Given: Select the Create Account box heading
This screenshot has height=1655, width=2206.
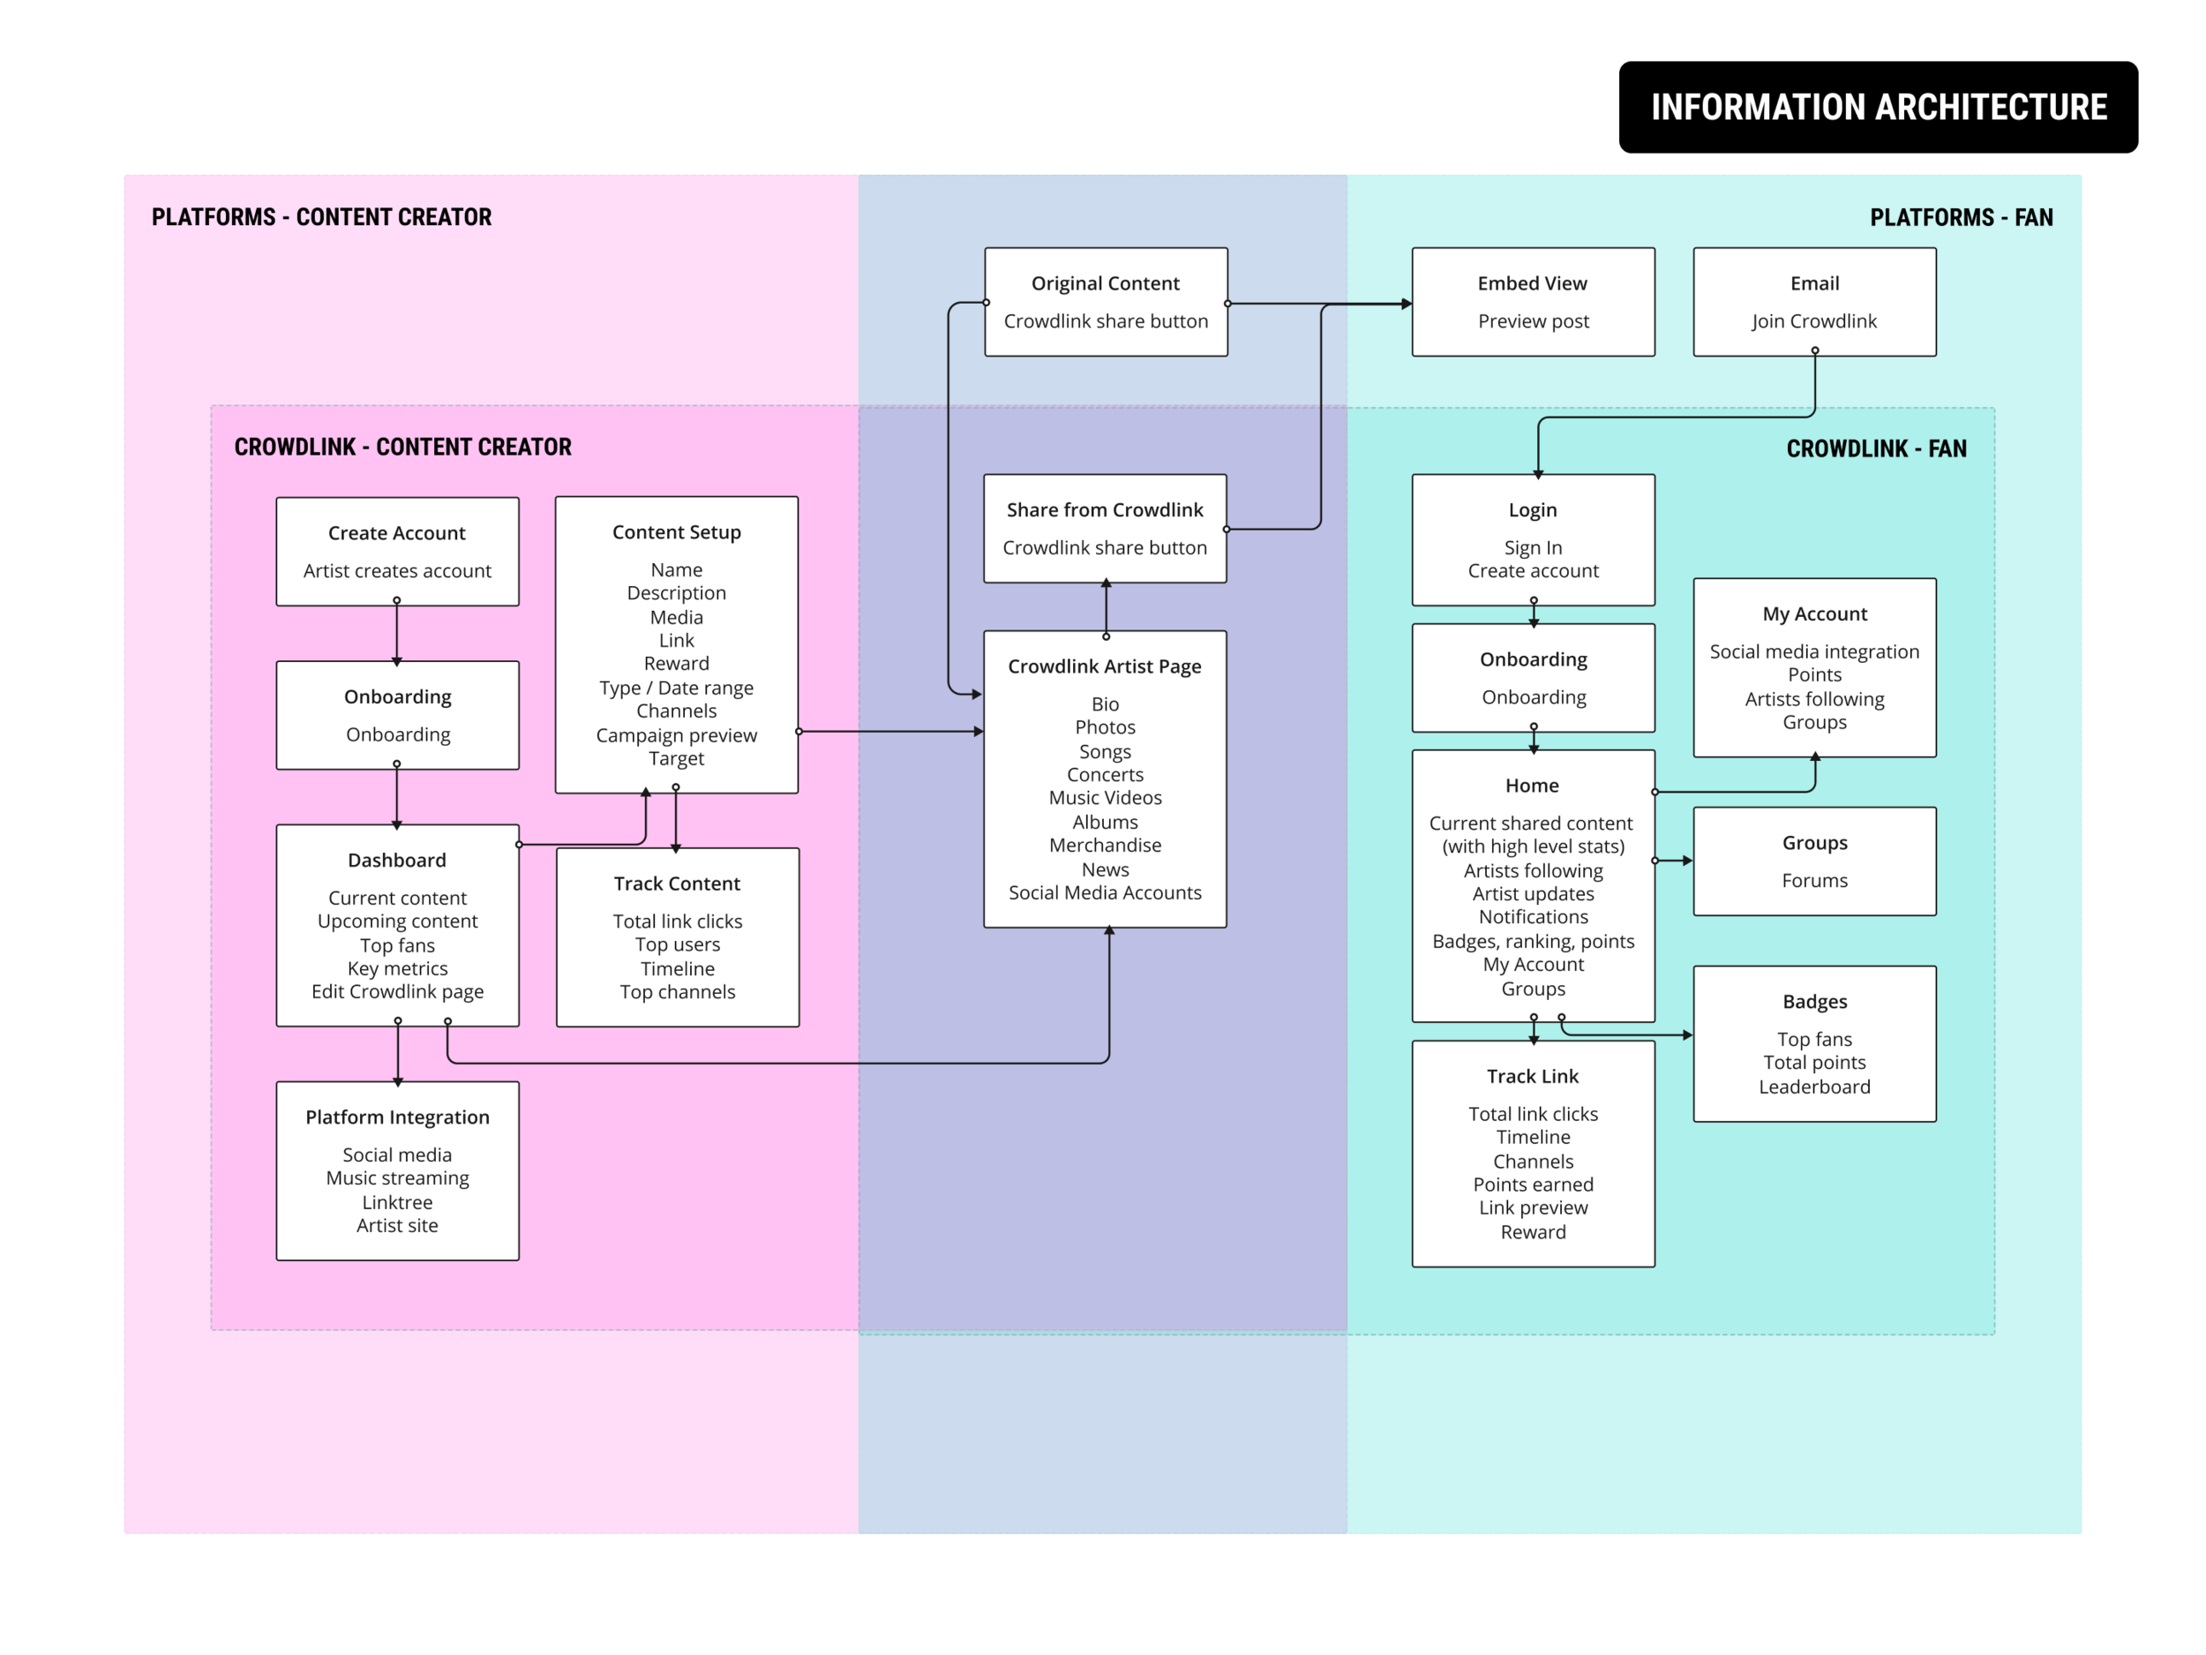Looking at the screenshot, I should click(397, 533).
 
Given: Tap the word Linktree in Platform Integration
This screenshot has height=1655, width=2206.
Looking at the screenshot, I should click(397, 1202).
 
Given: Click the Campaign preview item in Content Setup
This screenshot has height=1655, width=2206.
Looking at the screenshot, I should click(676, 735).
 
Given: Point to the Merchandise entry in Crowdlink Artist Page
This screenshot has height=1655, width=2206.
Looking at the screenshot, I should click(1105, 845).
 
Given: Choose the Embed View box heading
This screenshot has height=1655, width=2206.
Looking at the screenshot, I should click(1532, 283).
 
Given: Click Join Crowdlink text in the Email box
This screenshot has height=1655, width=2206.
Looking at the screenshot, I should click(1814, 321).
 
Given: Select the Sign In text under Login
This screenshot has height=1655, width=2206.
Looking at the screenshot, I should click(1533, 547).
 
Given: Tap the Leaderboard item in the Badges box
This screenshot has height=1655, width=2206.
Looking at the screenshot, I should click(1814, 1087).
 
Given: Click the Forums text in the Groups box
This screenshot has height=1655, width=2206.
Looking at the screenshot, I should click(1814, 880).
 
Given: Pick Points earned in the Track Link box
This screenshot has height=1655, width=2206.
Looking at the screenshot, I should click(1533, 1185).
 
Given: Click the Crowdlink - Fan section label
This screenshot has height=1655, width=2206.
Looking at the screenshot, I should click(1876, 449).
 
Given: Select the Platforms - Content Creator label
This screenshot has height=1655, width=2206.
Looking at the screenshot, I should click(321, 217).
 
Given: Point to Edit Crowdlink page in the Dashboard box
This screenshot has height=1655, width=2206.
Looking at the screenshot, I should click(397, 991).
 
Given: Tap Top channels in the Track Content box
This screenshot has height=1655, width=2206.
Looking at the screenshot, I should click(677, 991).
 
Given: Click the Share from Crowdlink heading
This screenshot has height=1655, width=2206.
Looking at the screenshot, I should click(1105, 510).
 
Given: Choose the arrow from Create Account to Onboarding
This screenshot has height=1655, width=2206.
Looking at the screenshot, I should click(397, 634).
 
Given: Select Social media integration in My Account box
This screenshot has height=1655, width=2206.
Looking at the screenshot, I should click(1814, 651).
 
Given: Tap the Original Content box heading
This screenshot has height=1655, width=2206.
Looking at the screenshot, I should click(1105, 283).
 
